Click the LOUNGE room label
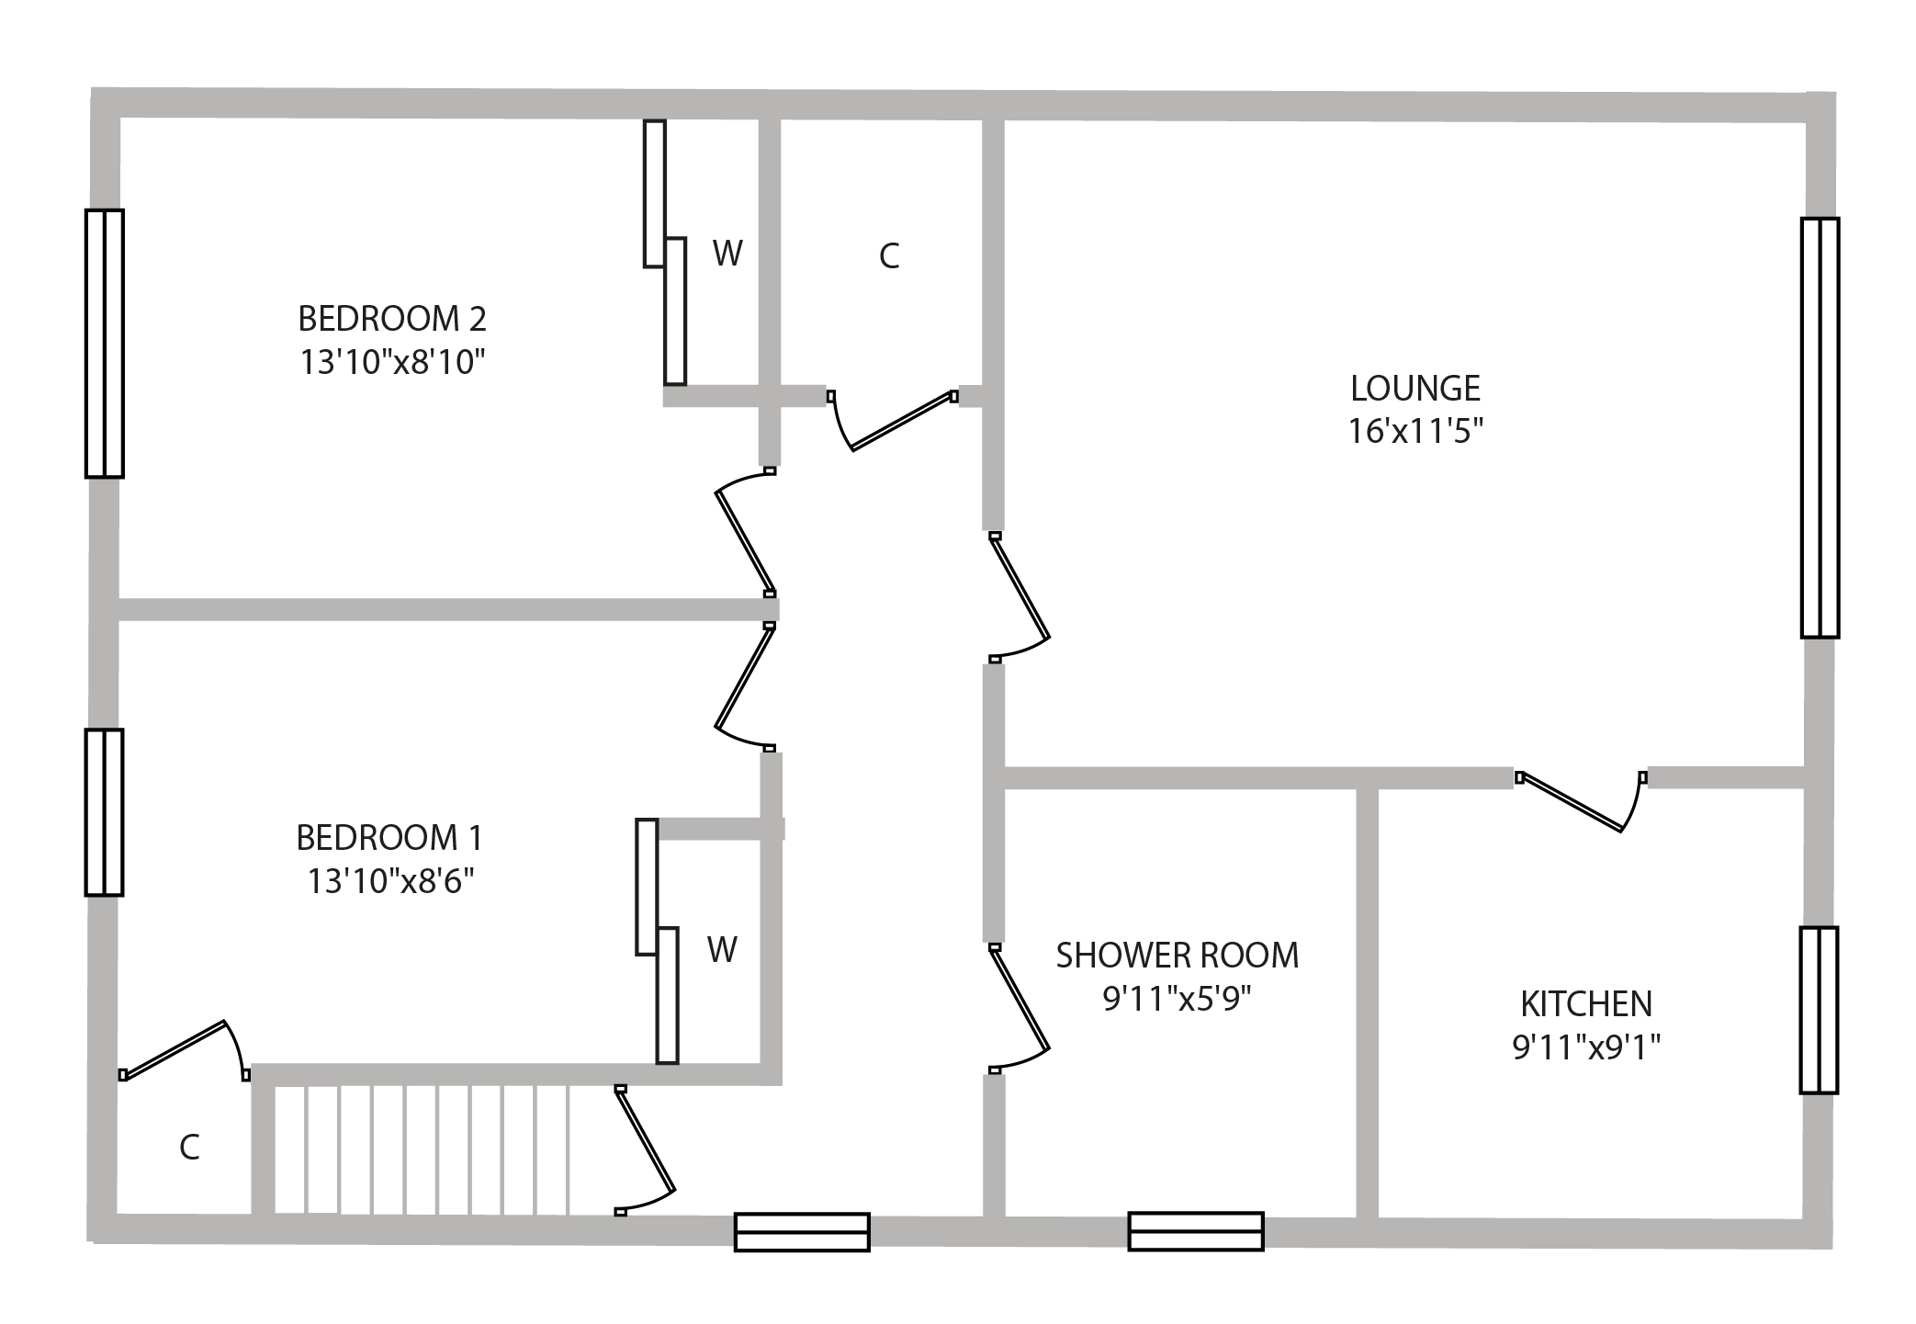(x=1414, y=389)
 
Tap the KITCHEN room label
(x=1586, y=1003)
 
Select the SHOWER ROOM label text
(x=1177, y=956)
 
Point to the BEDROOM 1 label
(x=389, y=838)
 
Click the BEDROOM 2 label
(x=392, y=319)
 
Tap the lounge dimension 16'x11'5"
(x=1414, y=431)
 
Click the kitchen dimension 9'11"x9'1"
(x=1586, y=1047)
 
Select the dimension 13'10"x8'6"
(x=389, y=882)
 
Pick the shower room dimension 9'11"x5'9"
(x=1177, y=999)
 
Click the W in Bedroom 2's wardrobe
(x=727, y=253)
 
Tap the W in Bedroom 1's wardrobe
(x=722, y=949)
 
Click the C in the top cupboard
(x=888, y=256)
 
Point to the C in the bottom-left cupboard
(x=189, y=1148)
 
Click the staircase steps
(x=423, y=1149)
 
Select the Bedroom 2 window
(x=105, y=344)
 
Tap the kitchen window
(x=1819, y=1010)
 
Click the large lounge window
(x=1820, y=427)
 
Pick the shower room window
(x=1196, y=1231)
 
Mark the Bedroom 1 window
(x=105, y=812)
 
